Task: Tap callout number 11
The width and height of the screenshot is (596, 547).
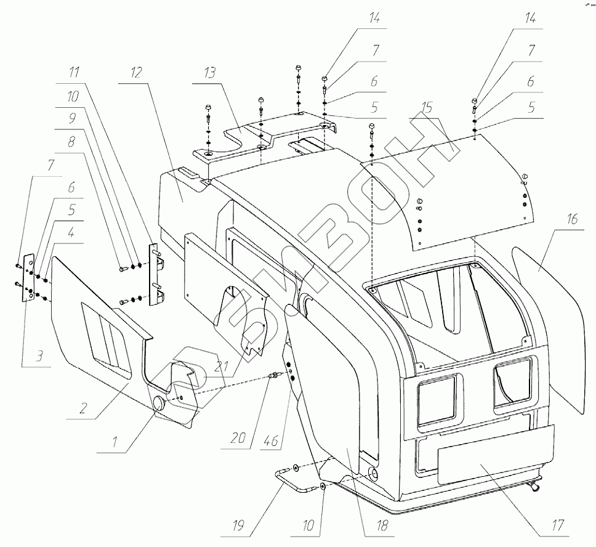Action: (74, 73)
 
